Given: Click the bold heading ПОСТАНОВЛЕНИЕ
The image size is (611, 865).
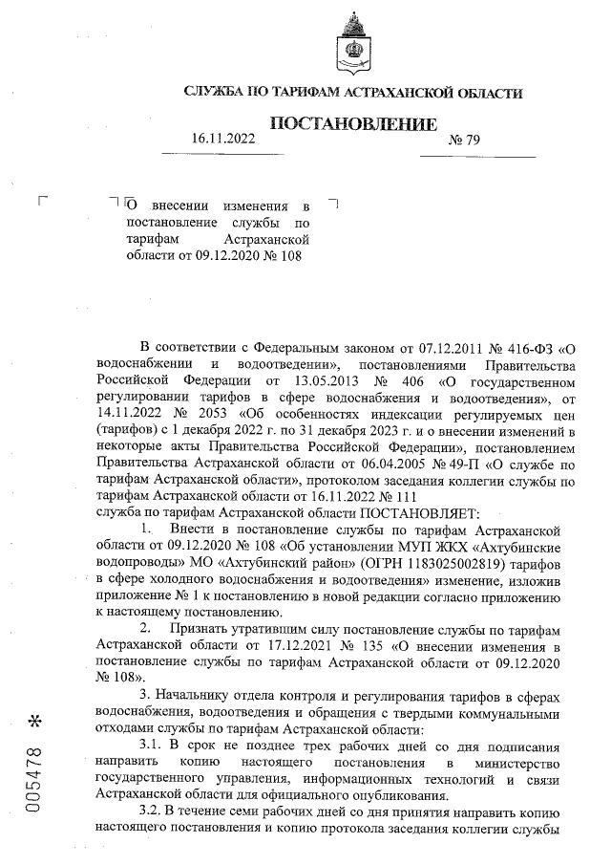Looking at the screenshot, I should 355,124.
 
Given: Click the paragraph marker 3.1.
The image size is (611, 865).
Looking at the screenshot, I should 153,743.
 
